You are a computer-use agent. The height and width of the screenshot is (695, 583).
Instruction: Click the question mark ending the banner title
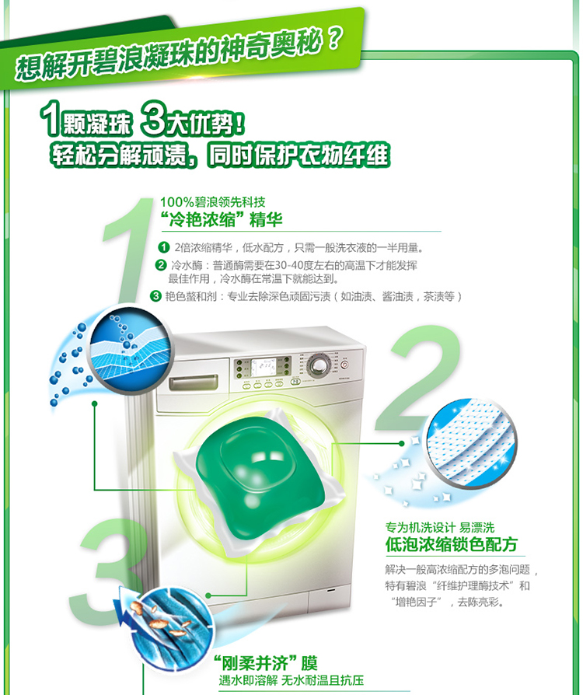click(332, 40)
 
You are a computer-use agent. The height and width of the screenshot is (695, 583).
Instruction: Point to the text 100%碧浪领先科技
click(206, 202)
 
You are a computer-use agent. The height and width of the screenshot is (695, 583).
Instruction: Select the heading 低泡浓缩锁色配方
click(451, 544)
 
